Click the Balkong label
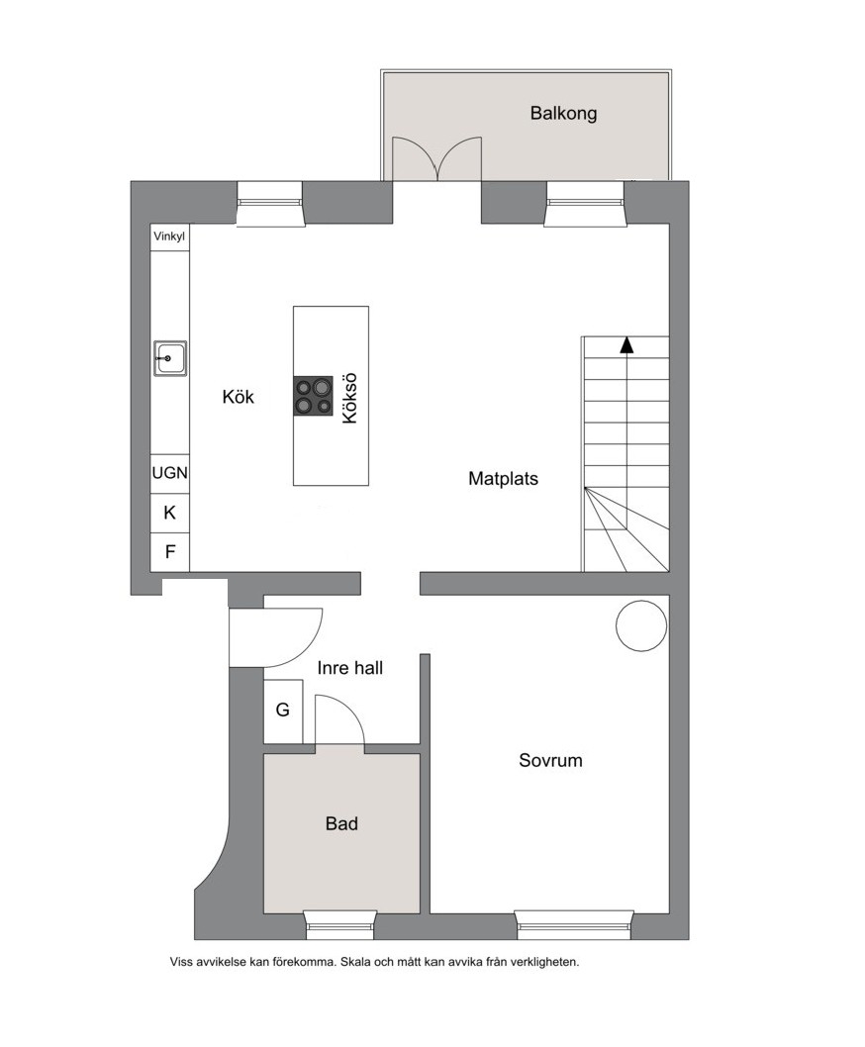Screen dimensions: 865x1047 (563, 113)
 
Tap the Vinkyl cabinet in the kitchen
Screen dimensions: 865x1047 (169, 238)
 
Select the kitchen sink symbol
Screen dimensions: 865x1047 (169, 358)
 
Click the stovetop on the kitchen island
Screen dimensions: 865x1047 (313, 396)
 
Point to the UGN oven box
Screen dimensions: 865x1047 (169, 473)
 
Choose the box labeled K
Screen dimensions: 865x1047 (169, 513)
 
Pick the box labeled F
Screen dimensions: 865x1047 (169, 552)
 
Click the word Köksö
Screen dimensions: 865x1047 (350, 398)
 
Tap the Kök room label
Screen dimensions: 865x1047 (239, 397)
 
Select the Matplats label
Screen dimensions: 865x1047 (503, 478)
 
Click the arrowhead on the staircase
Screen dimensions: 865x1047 (625, 344)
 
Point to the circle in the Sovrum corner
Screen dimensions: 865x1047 (641, 625)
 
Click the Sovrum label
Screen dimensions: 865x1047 (550, 760)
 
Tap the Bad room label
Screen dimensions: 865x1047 (341, 823)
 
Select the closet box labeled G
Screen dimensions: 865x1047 (283, 712)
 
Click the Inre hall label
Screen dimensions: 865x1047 (350, 668)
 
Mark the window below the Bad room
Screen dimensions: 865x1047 (339, 924)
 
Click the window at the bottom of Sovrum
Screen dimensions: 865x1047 (574, 924)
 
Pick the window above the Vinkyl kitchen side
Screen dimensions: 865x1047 (270, 203)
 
